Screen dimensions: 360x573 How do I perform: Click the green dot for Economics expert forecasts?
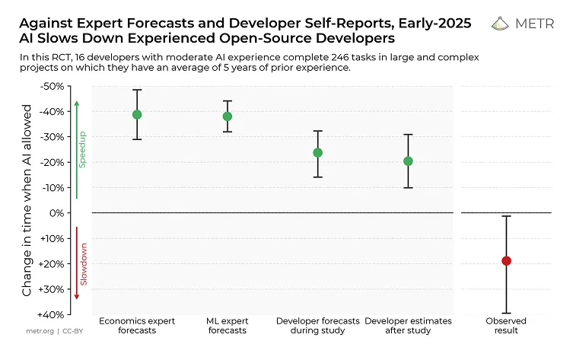coord(137,115)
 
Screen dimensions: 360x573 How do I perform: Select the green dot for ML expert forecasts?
coord(227,116)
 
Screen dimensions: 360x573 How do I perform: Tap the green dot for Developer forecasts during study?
coord(317,153)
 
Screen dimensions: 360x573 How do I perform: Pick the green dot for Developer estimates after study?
coord(408,161)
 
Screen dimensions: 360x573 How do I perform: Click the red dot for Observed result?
coord(506,261)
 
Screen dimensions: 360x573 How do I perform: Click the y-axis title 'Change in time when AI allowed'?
coord(27,199)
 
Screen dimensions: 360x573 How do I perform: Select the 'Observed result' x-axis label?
coord(506,326)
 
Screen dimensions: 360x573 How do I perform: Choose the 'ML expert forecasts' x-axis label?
coord(227,326)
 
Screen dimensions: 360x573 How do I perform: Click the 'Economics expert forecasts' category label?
coord(137,326)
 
